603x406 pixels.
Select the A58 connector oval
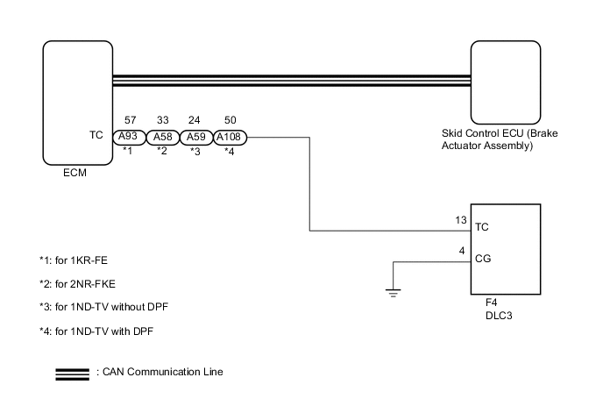(162, 137)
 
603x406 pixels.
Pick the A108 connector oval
(230, 137)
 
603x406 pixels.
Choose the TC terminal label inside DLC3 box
(481, 225)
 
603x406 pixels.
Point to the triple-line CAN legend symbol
(72, 372)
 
